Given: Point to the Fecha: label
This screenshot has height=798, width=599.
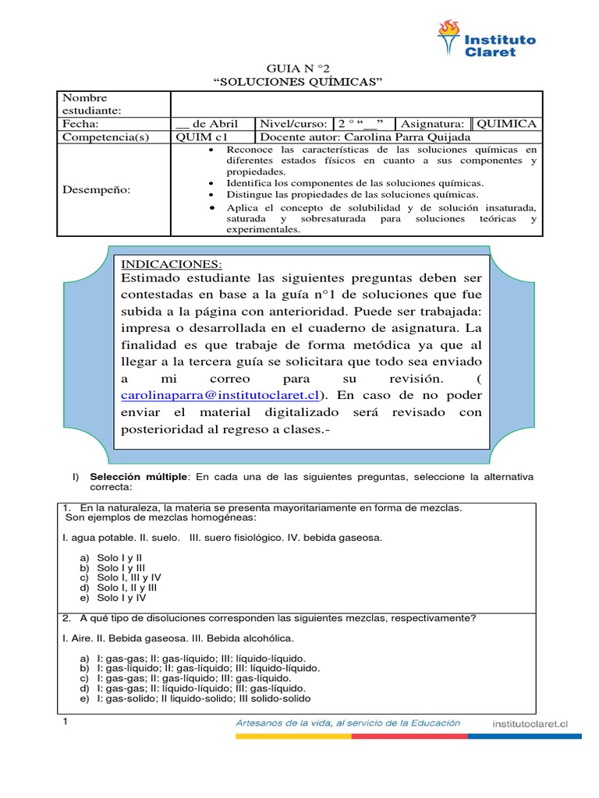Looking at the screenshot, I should pyautogui.click(x=81, y=124).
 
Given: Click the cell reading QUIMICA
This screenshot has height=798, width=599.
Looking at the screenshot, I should pyautogui.click(x=506, y=124).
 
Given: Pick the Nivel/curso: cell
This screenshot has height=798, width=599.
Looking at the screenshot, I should pyautogui.click(x=294, y=124).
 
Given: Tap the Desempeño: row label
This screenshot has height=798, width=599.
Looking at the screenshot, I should pyautogui.click(x=97, y=189).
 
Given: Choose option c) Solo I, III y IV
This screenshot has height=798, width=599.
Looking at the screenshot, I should pyautogui.click(x=129, y=577).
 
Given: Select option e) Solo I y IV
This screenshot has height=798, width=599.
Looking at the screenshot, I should pyautogui.click(x=121, y=598).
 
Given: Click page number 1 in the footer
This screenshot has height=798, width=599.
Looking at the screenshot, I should pyautogui.click(x=66, y=723).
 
